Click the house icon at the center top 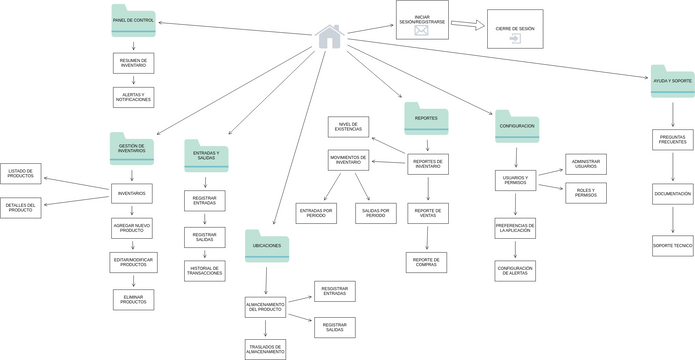pyautogui.click(x=329, y=37)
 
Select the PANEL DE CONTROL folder pyautogui.click(x=133, y=21)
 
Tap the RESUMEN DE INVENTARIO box pyautogui.click(x=133, y=63)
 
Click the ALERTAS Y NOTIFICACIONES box pyautogui.click(x=133, y=97)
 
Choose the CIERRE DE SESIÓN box pyautogui.click(x=515, y=30)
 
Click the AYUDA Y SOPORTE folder pyautogui.click(x=672, y=81)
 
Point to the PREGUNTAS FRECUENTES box pyautogui.click(x=672, y=141)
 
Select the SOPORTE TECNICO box pyautogui.click(x=672, y=245)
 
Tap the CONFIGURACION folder pyautogui.click(x=516, y=127)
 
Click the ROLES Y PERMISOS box pyautogui.click(x=586, y=192)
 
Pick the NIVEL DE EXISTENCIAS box pyautogui.click(x=348, y=127)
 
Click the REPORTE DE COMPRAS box pyautogui.click(x=427, y=263)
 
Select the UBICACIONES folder pyautogui.click(x=267, y=246)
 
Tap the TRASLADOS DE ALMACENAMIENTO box pyautogui.click(x=265, y=349)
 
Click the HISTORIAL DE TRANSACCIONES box pyautogui.click(x=204, y=271)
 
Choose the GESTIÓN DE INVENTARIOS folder pyautogui.click(x=132, y=149)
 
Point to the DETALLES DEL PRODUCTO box pyautogui.click(x=21, y=208)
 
